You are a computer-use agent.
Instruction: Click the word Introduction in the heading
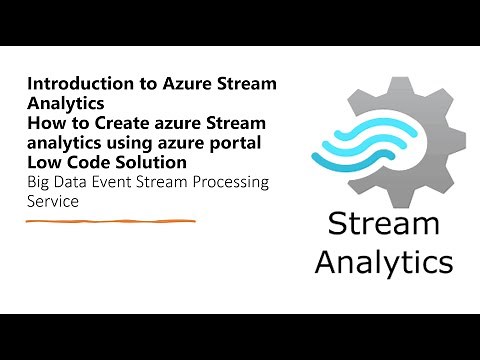click(x=71, y=83)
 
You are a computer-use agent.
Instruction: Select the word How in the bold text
click(x=43, y=122)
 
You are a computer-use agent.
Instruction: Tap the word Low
click(x=42, y=161)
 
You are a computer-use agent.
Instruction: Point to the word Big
click(x=39, y=182)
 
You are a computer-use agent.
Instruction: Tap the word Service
click(x=53, y=201)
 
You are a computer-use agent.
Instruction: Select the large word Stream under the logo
click(x=383, y=224)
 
